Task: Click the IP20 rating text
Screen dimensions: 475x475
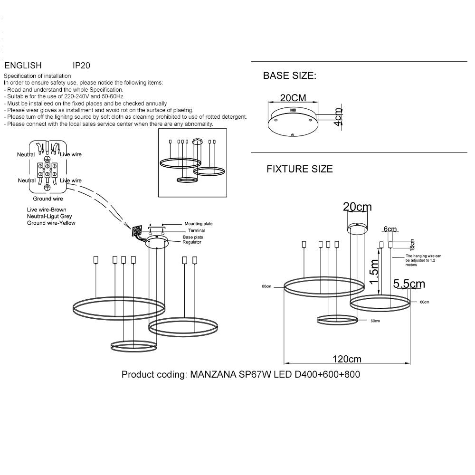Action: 81,66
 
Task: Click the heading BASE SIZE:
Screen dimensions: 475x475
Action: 289,76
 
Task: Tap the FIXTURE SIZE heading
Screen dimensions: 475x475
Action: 300,169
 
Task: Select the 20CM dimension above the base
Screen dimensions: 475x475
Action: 293,97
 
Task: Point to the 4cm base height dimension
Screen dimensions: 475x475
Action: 337,117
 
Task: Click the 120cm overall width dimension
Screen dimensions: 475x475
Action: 347,359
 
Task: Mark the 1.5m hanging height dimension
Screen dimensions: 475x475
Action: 374,271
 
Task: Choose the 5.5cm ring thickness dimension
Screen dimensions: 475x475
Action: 409,284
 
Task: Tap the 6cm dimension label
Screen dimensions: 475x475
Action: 390,229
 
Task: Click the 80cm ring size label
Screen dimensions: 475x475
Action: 266,286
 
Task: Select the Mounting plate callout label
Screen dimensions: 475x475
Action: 199,224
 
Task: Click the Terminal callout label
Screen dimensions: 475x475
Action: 197,230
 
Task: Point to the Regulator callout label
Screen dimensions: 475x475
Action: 192,242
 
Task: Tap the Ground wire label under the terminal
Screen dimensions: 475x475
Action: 48,199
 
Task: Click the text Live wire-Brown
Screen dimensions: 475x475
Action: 47,209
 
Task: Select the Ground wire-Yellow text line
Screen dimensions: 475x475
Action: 51,223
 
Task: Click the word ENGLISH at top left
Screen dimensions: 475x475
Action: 23,66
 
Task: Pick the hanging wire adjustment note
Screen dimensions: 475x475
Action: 424,260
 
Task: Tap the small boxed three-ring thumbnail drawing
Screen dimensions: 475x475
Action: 192,162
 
